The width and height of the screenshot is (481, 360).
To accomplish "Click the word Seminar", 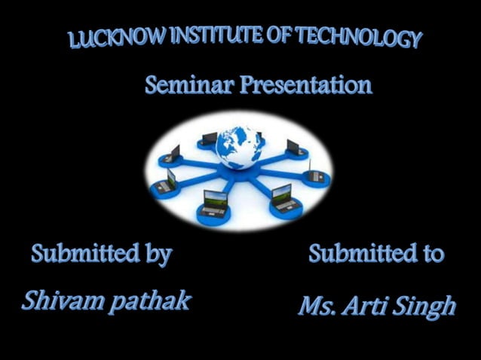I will (x=188, y=84).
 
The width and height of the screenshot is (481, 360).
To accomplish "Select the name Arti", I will (x=369, y=306).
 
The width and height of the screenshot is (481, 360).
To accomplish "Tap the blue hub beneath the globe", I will (x=235, y=175).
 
